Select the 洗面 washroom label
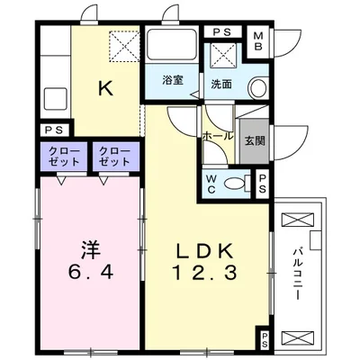tap(221, 84)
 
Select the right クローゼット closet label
tap(114, 155)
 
